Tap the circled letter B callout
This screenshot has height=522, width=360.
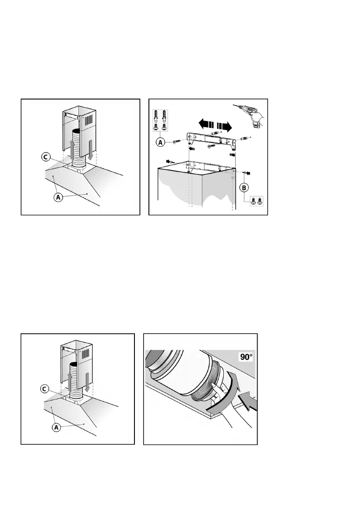point(244,187)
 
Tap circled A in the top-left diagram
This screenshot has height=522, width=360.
point(57,198)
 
